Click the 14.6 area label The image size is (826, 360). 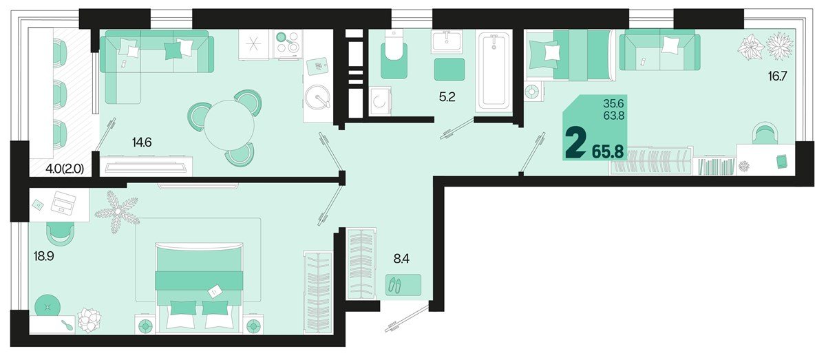pyautogui.click(x=142, y=142)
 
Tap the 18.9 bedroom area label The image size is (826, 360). pyautogui.click(x=43, y=256)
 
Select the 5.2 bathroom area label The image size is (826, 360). pyautogui.click(x=447, y=97)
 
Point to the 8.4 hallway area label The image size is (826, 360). pyautogui.click(x=401, y=259)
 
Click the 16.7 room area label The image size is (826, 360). pyautogui.click(x=777, y=76)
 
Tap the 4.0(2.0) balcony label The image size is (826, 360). pyautogui.click(x=65, y=169)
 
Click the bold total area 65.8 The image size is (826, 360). pyautogui.click(x=608, y=151)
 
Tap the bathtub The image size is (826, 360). pyautogui.click(x=494, y=70)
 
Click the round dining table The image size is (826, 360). pyautogui.click(x=229, y=125)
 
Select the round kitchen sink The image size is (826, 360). pyautogui.click(x=318, y=97)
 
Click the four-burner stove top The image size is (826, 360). pyautogui.click(x=288, y=43)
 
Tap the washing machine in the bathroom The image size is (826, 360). pyautogui.click(x=380, y=101)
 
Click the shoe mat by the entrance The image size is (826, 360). pyautogui.click(x=403, y=285)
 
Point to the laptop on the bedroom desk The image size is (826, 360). pyautogui.click(x=63, y=203)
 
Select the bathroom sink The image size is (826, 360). pyautogui.click(x=447, y=41)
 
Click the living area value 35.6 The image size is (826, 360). pyautogui.click(x=613, y=103)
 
